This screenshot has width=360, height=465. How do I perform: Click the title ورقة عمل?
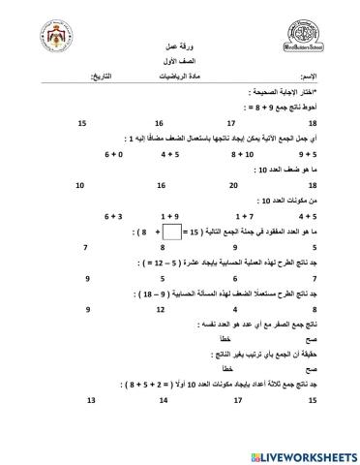(178, 46)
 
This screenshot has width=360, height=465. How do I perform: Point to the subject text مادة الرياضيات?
(179, 75)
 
